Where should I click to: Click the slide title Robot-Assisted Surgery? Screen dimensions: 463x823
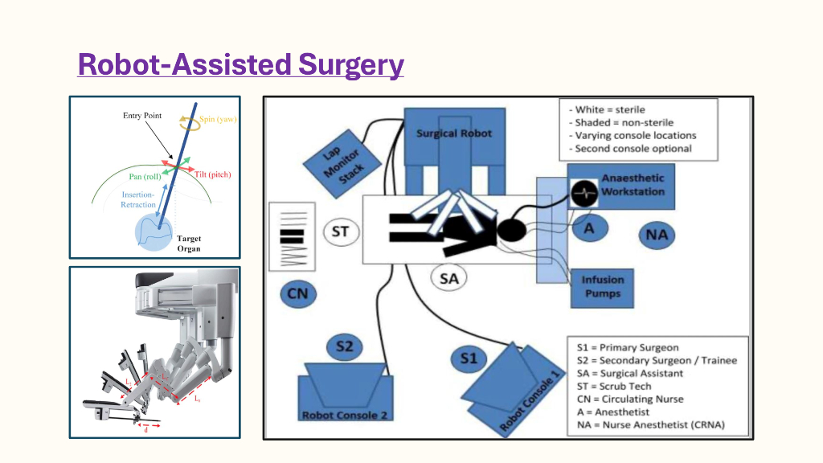click(240, 64)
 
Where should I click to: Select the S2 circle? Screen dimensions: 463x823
click(344, 347)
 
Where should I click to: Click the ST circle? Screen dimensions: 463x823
click(340, 232)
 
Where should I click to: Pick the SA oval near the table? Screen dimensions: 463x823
click(448, 279)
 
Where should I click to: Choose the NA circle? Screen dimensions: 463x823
click(657, 236)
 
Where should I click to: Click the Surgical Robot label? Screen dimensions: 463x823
click(453, 133)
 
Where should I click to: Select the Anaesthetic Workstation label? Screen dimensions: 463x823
click(633, 186)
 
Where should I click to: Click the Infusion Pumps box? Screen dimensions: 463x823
click(603, 287)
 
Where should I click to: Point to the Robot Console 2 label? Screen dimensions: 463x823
click(345, 416)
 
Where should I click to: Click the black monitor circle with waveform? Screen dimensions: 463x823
click(585, 191)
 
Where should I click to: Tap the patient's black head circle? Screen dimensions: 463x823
click(512, 231)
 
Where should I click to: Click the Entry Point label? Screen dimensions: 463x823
click(142, 116)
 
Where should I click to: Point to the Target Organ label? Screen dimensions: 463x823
click(189, 244)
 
